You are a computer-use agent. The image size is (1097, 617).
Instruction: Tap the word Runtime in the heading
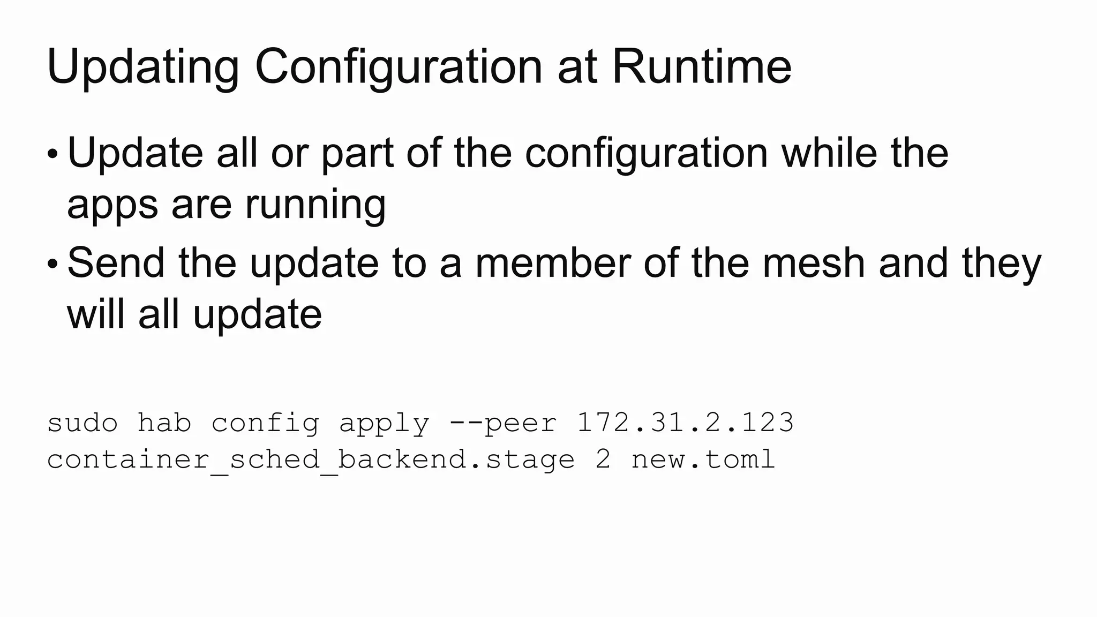coord(701,66)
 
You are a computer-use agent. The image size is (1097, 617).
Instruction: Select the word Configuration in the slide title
coord(399,67)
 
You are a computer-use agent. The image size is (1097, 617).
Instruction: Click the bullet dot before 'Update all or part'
coord(52,154)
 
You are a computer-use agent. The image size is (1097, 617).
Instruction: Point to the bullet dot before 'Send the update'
coord(52,264)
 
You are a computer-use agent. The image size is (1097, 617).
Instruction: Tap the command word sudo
coord(82,423)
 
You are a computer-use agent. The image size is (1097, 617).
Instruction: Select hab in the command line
coord(164,423)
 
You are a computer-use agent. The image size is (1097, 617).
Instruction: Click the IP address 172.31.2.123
coord(685,423)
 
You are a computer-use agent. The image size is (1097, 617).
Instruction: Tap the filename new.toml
coord(703,460)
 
